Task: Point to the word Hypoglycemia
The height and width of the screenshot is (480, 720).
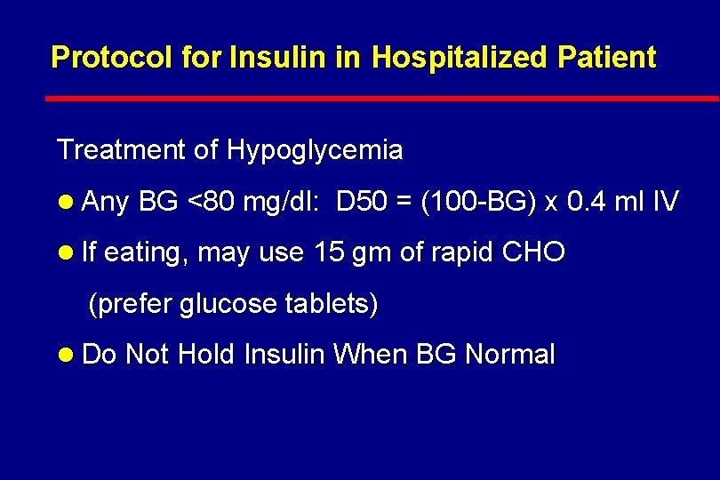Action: (x=315, y=151)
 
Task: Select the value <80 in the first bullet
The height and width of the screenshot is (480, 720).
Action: (x=211, y=203)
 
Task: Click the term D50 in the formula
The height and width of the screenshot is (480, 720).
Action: (x=362, y=203)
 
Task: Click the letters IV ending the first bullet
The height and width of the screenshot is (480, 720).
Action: (x=666, y=203)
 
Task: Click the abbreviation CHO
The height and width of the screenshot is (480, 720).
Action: (x=532, y=252)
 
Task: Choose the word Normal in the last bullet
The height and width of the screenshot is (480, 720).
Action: (x=510, y=355)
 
